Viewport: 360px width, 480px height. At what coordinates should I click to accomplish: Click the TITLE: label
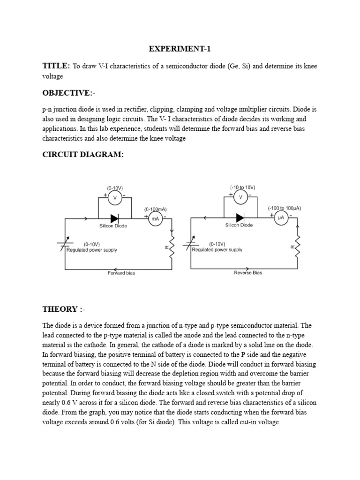[x=56, y=66]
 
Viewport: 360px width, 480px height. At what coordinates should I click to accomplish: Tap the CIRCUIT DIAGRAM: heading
[x=83, y=155]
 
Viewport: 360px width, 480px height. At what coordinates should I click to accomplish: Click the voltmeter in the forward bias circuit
[x=115, y=198]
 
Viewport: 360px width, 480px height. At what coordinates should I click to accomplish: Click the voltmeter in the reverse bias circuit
[x=241, y=197]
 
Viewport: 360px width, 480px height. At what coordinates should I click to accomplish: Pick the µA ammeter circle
[x=281, y=218]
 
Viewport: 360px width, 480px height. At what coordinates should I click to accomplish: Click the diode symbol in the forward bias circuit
[x=114, y=218]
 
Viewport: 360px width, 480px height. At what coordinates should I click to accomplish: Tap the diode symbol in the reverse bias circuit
[x=240, y=218]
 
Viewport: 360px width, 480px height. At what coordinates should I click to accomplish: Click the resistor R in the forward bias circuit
[x=172, y=246]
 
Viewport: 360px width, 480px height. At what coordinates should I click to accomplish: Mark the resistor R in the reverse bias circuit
[x=298, y=246]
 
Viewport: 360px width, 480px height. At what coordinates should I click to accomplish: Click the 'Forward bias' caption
[x=121, y=273]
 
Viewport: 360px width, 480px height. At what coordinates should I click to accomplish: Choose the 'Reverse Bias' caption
[x=248, y=273]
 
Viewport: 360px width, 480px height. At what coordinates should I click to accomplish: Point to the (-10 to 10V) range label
[x=242, y=187]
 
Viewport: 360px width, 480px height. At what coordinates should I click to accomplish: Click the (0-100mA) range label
[x=155, y=209]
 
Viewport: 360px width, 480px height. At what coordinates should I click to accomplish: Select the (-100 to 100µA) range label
[x=284, y=208]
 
